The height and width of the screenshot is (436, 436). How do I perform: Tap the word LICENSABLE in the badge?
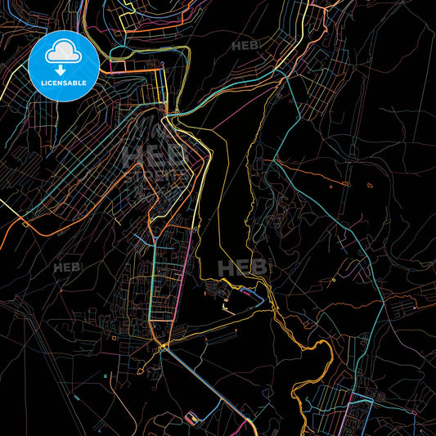tap(64, 82)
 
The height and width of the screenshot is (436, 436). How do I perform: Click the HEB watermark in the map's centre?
tap(243, 267)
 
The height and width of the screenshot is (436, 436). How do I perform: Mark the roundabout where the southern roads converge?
tap(164, 349)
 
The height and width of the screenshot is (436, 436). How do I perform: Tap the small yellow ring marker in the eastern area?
tap(335, 280)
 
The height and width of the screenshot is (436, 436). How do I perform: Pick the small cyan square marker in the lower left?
tap(107, 376)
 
